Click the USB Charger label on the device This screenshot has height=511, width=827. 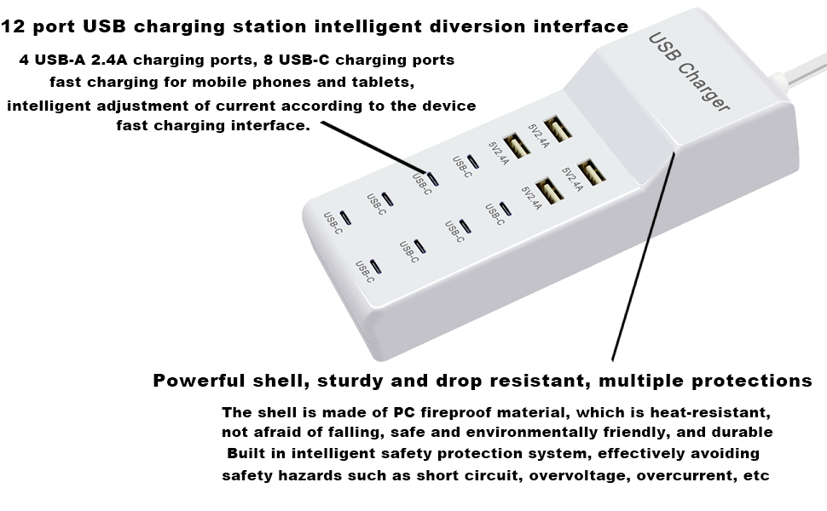689,72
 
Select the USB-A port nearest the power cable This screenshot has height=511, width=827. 558,129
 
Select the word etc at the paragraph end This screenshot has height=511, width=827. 756,475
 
